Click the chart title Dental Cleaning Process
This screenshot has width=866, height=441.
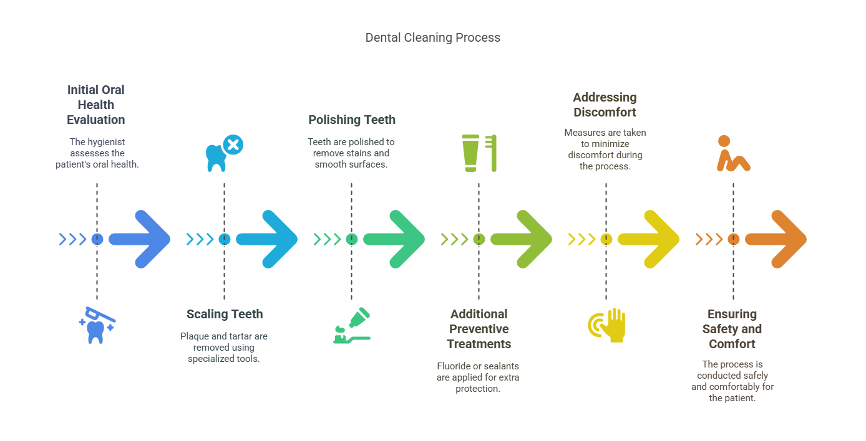(432, 37)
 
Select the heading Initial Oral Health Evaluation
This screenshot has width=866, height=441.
(96, 105)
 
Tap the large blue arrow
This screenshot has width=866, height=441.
(141, 239)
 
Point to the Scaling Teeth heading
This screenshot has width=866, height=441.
(225, 314)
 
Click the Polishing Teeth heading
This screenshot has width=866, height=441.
(352, 120)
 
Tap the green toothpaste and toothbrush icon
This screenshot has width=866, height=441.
(351, 326)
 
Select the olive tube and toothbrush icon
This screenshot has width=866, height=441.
(479, 153)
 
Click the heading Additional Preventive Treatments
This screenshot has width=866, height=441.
(479, 329)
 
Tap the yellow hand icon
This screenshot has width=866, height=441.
(606, 325)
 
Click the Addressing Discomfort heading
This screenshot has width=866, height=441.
(605, 105)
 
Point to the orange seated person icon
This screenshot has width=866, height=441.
(732, 153)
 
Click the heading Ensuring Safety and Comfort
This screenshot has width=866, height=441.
(732, 329)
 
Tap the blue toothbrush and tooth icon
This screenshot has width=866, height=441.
(97, 325)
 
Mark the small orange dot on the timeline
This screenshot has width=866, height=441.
(733, 239)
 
